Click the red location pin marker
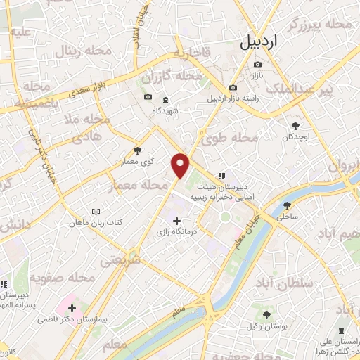pyautogui.click(x=181, y=165)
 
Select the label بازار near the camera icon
pyautogui.click(x=258, y=75)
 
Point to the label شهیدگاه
pyautogui.click(x=167, y=110)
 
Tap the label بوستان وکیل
pyautogui.click(x=266, y=326)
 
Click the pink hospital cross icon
pyautogui.click(x=72, y=307)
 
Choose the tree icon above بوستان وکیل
pyautogui.click(x=266, y=315)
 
